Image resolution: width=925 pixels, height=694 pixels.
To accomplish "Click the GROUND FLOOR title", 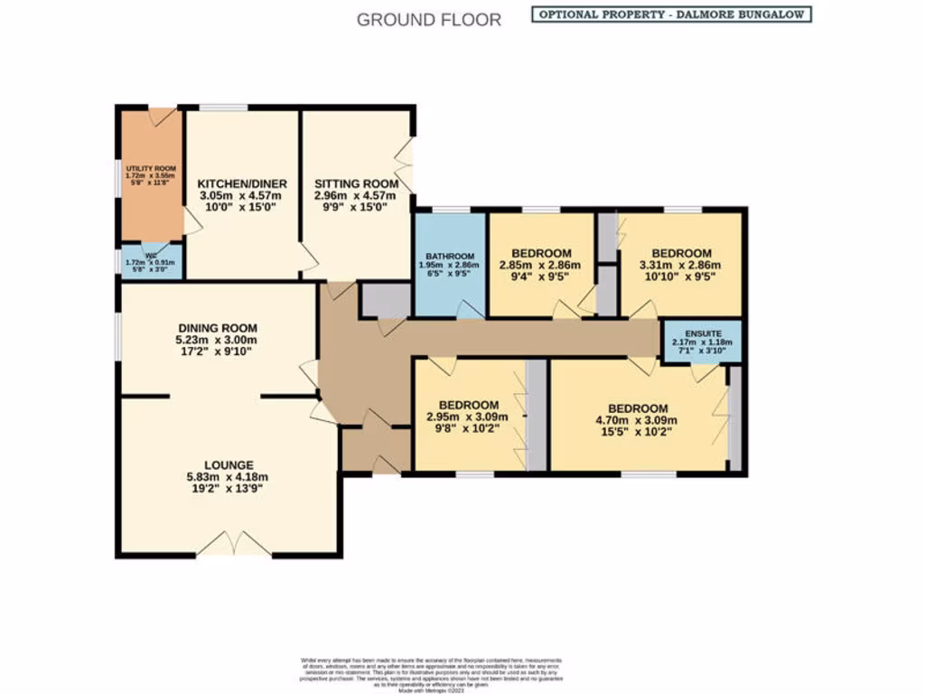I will pyautogui.click(x=428, y=19).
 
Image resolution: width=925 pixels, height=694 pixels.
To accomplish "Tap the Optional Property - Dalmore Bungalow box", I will pyautogui.click(x=670, y=14).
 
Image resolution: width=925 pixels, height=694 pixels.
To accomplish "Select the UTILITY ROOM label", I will pyautogui.click(x=151, y=168).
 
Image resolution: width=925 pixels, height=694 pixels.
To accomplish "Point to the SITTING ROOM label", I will pyautogui.click(x=356, y=183).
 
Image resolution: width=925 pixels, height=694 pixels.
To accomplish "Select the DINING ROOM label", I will pyautogui.click(x=217, y=328).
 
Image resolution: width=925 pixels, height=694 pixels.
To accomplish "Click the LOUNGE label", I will pyautogui.click(x=228, y=464).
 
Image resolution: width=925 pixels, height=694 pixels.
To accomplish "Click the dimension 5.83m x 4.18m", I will pyautogui.click(x=228, y=478).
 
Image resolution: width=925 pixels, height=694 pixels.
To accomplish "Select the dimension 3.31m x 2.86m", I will pyautogui.click(x=682, y=266).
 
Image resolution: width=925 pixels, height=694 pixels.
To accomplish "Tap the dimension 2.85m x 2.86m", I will pyautogui.click(x=541, y=265).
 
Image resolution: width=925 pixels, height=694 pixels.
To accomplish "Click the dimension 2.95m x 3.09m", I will pyautogui.click(x=467, y=417).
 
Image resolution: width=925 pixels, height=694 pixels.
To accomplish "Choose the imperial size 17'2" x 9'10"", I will pyautogui.click(x=217, y=352).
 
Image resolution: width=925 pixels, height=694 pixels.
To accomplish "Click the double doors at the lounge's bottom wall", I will pyautogui.click(x=234, y=545).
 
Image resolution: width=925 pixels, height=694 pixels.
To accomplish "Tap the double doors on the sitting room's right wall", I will pyautogui.click(x=406, y=164).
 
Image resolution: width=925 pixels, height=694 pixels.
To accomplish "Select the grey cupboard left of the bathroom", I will pyautogui.click(x=384, y=300).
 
